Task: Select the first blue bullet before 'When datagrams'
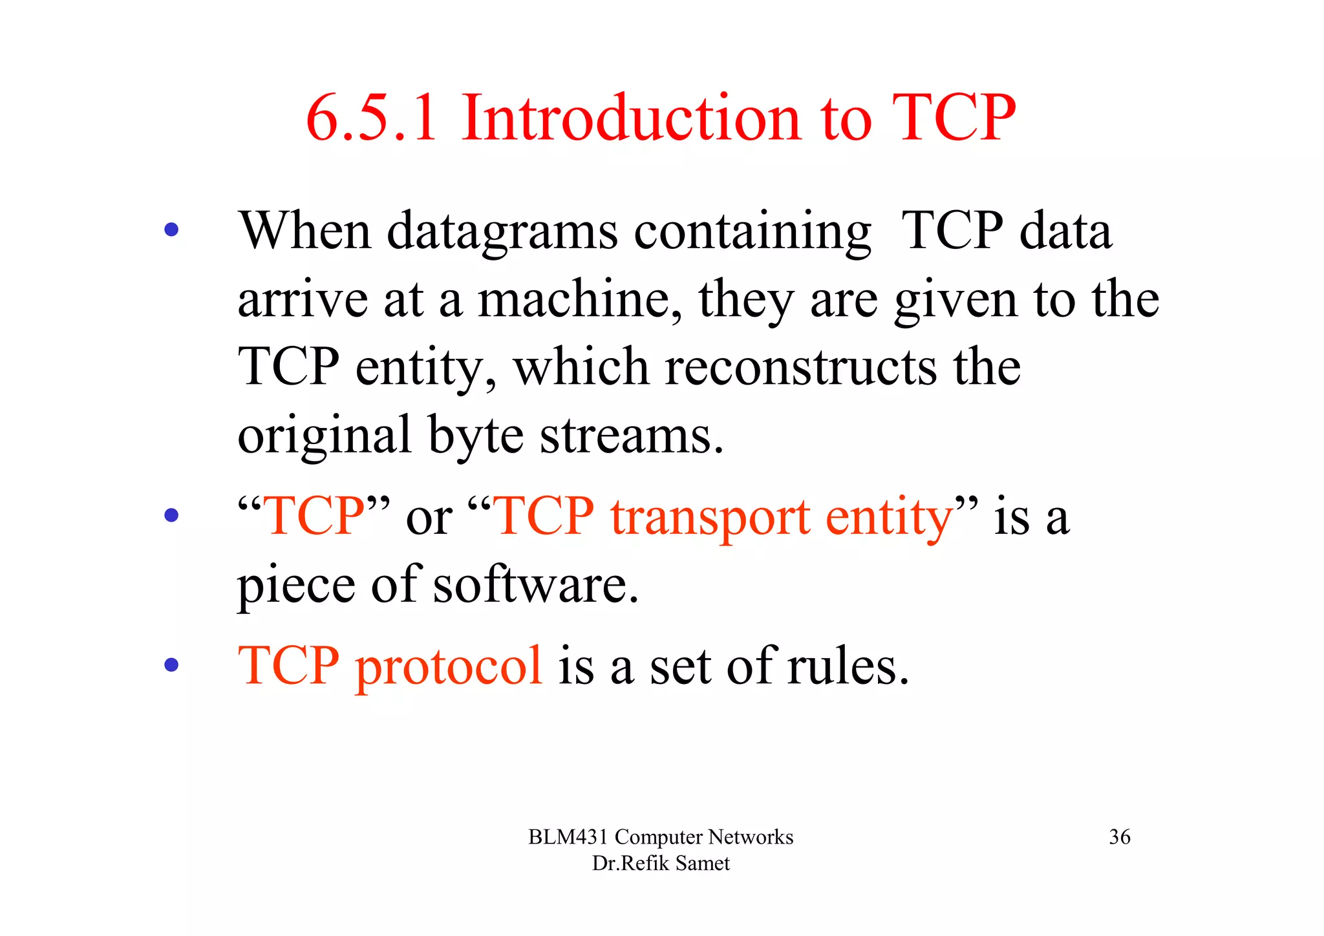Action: (171, 229)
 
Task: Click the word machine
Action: (579, 300)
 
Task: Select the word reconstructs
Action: (800, 367)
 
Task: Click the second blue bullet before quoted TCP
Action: (171, 515)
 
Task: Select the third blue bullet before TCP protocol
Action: (171, 665)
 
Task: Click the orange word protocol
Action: (448, 668)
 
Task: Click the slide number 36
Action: (1120, 837)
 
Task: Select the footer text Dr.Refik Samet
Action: (661, 864)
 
